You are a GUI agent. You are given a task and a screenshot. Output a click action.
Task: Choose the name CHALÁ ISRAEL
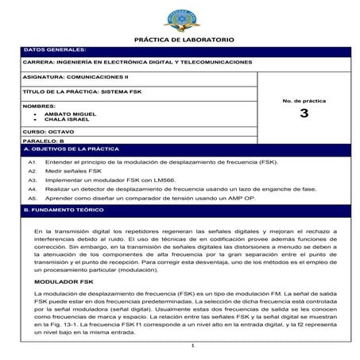click(71, 119)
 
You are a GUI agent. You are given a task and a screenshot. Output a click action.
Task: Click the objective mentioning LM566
click(106, 180)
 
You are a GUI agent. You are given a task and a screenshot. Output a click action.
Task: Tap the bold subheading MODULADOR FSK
click(63, 281)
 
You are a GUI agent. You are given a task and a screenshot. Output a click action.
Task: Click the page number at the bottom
click(192, 346)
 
